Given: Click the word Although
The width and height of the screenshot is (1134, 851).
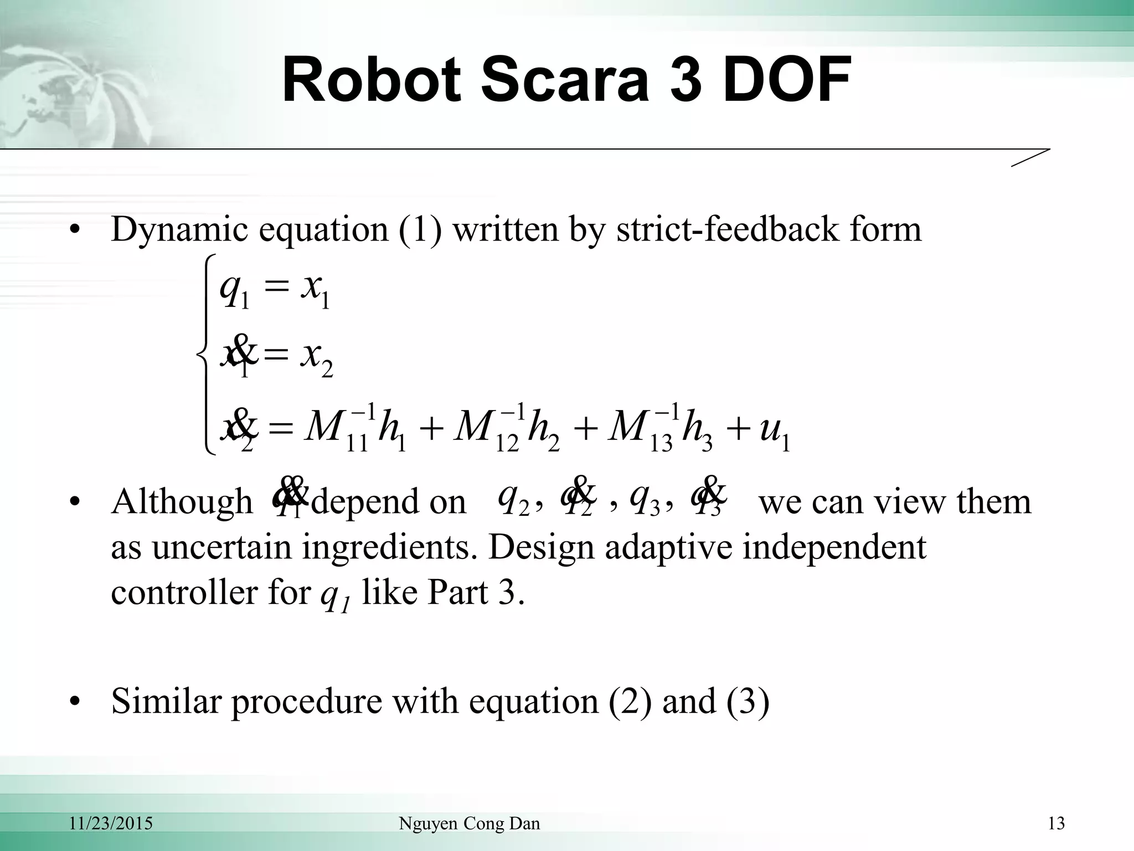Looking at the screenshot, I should point(182,502).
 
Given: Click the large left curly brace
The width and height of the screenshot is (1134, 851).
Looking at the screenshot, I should point(207,355).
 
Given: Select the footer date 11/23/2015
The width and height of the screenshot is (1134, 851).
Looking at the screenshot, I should point(111,824).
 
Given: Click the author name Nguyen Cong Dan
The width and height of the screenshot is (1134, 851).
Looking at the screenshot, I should point(469,824).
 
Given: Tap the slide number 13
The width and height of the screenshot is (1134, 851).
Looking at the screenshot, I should point(1056,824).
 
